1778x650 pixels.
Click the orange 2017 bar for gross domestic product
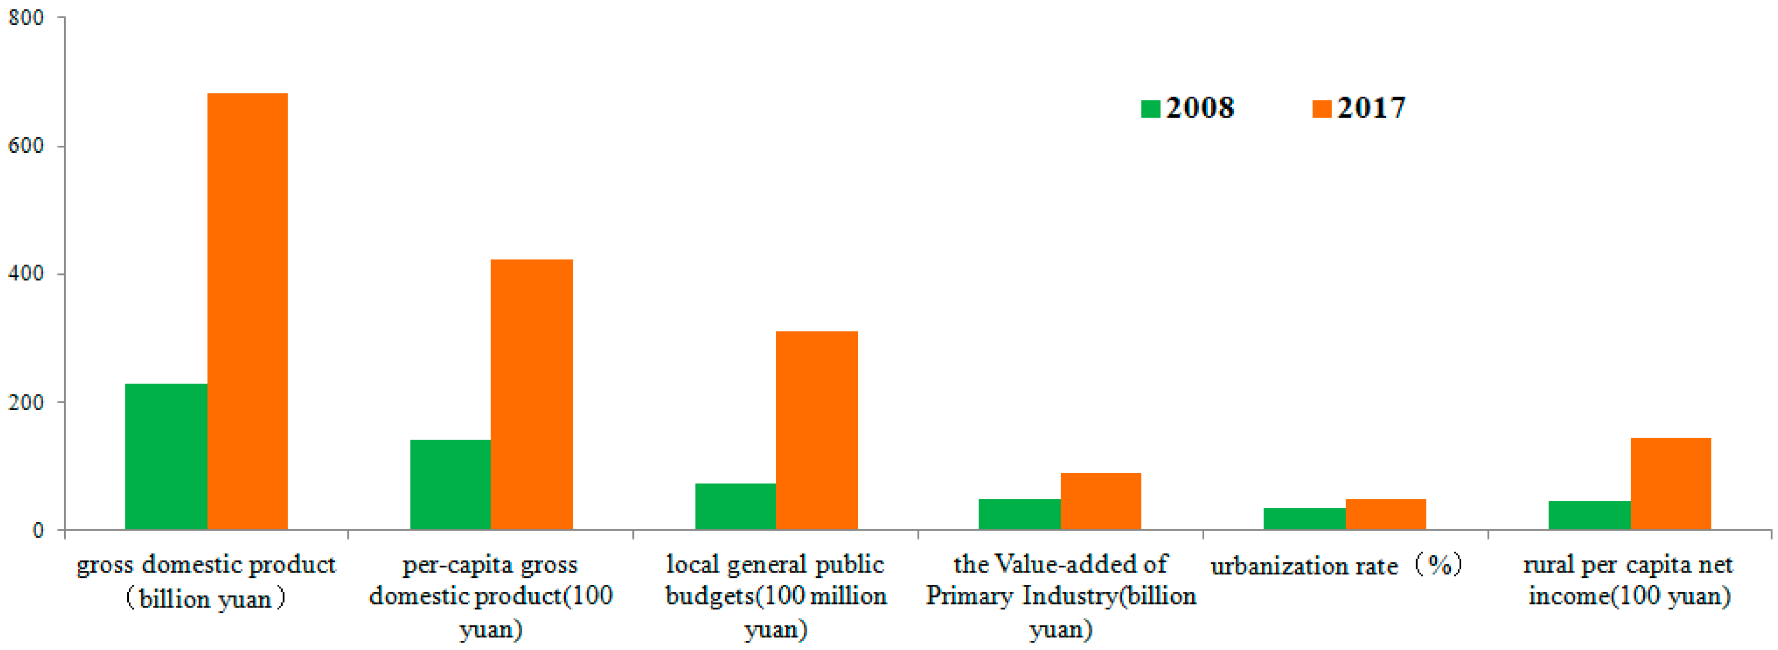click(247, 310)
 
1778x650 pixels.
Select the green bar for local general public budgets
click(735, 506)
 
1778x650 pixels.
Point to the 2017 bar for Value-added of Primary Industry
click(1101, 501)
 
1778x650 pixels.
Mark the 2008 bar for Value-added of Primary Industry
click(1019, 514)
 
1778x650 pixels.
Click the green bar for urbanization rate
click(1304, 519)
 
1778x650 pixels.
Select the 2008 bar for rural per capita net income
click(1590, 515)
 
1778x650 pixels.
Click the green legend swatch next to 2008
click(1150, 109)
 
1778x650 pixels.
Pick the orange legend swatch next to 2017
click(1321, 109)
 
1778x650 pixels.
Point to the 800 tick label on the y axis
click(26, 17)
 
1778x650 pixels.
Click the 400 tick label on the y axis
click(26, 273)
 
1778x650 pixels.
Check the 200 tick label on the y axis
click(26, 402)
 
